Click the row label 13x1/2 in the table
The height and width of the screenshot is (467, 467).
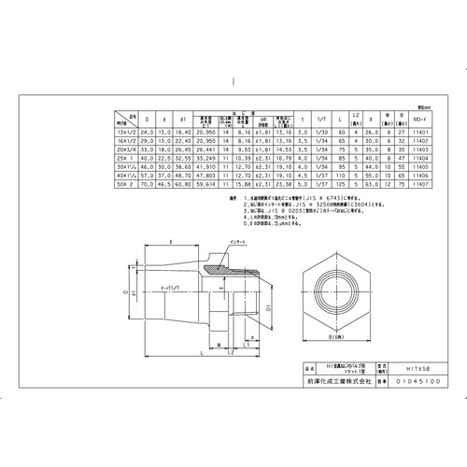point(124,134)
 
